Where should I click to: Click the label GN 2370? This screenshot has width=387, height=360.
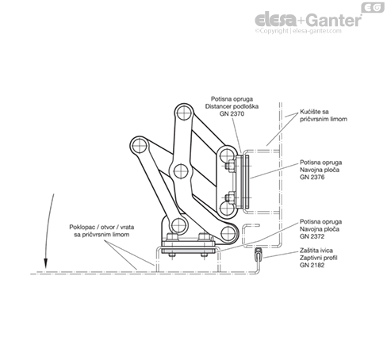[232, 114]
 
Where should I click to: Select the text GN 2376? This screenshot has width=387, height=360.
[312, 177]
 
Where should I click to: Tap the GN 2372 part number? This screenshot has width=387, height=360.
[312, 236]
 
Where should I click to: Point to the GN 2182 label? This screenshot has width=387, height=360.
[312, 265]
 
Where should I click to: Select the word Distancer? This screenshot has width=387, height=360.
[217, 106]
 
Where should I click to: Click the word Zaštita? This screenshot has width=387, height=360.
[309, 251]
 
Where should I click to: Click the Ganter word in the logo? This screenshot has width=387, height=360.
[334, 21]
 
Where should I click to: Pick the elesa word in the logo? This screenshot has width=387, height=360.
[276, 20]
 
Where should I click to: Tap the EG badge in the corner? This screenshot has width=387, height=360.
[373, 7]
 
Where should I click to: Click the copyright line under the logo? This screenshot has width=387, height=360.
[298, 31]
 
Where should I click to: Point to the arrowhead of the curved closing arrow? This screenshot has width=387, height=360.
[46, 263]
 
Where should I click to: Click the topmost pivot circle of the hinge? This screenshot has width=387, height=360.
[184, 113]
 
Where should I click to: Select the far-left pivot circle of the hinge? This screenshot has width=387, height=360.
[140, 146]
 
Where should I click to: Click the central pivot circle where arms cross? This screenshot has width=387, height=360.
[181, 171]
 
